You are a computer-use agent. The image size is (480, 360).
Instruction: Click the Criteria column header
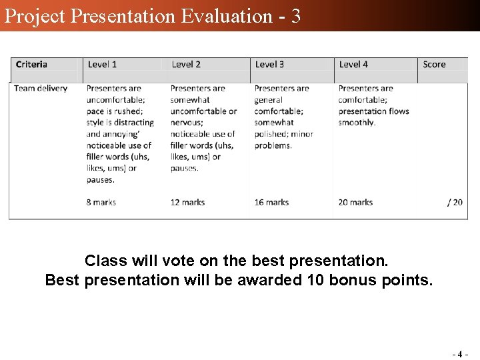[x=31, y=65]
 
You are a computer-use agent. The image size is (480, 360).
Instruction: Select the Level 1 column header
[x=102, y=65]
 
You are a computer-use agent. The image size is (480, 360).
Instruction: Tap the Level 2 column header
[x=186, y=65]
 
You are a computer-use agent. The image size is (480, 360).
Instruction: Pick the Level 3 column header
[x=269, y=65]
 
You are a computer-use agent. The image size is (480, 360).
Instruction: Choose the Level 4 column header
[x=353, y=65]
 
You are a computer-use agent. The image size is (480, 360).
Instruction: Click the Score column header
[x=434, y=65]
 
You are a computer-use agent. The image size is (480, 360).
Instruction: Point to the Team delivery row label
[x=41, y=88]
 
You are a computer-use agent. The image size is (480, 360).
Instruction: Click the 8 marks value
[x=101, y=202]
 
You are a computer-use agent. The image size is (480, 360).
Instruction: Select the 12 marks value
[x=187, y=202]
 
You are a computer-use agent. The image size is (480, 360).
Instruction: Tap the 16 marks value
[x=271, y=202]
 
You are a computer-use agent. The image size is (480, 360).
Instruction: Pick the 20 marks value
[x=355, y=202]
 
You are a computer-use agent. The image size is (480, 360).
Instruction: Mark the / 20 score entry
[x=455, y=202]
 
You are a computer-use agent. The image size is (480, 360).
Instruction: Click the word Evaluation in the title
[x=227, y=15]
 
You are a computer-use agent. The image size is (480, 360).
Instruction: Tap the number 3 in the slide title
[x=295, y=15]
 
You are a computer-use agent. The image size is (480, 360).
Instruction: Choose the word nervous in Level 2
[x=186, y=123]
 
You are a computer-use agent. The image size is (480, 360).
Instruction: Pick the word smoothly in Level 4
[x=357, y=123]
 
